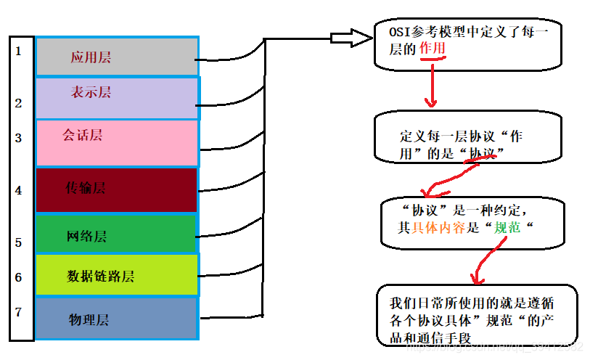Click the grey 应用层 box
pyautogui.click(x=116, y=57)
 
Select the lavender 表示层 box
pyautogui.click(x=116, y=97)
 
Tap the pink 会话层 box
pyautogui.click(x=116, y=142)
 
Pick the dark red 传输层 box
pyautogui.click(x=116, y=189)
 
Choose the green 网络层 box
pyautogui.click(x=116, y=235)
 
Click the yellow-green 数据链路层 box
pyautogui.click(x=116, y=276)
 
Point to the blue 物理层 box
pyautogui.click(x=116, y=319)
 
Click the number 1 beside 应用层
pyautogui.click(x=18, y=52)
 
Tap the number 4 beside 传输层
pyautogui.click(x=18, y=191)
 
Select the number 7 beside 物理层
pyautogui.click(x=18, y=312)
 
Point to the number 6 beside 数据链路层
pyautogui.click(x=18, y=277)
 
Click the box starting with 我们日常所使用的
pyautogui.click(x=475, y=316)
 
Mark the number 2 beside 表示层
pyautogui.click(x=18, y=103)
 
